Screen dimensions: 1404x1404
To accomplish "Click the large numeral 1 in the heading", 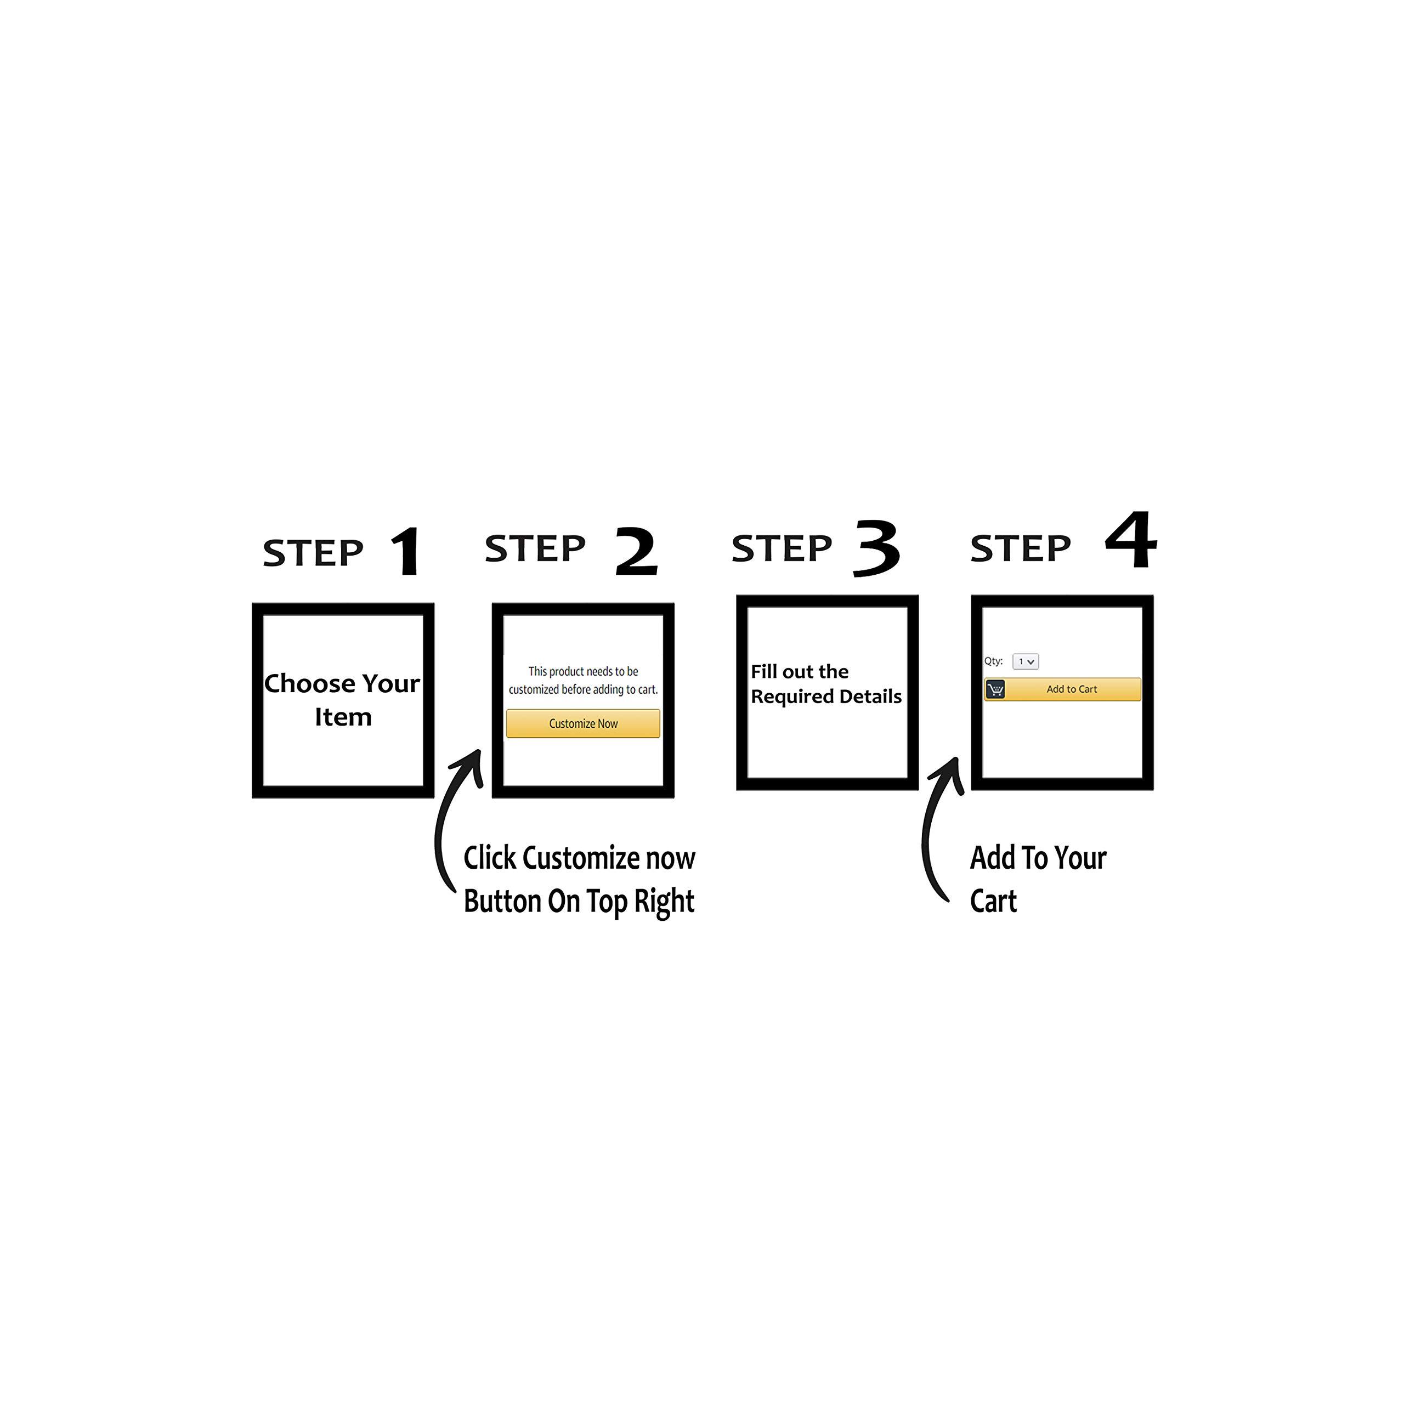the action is tap(407, 552).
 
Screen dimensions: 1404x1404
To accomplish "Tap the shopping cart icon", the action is tap(995, 689).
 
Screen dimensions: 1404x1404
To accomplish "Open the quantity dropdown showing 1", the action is tap(1026, 661).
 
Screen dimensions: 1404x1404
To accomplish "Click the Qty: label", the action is tap(993, 661).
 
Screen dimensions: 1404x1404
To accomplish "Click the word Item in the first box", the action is tap(343, 717).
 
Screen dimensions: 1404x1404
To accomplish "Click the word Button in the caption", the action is tap(502, 901).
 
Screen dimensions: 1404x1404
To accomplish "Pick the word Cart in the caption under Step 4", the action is tap(993, 901).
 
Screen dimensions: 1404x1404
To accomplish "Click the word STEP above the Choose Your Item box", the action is tap(313, 554).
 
